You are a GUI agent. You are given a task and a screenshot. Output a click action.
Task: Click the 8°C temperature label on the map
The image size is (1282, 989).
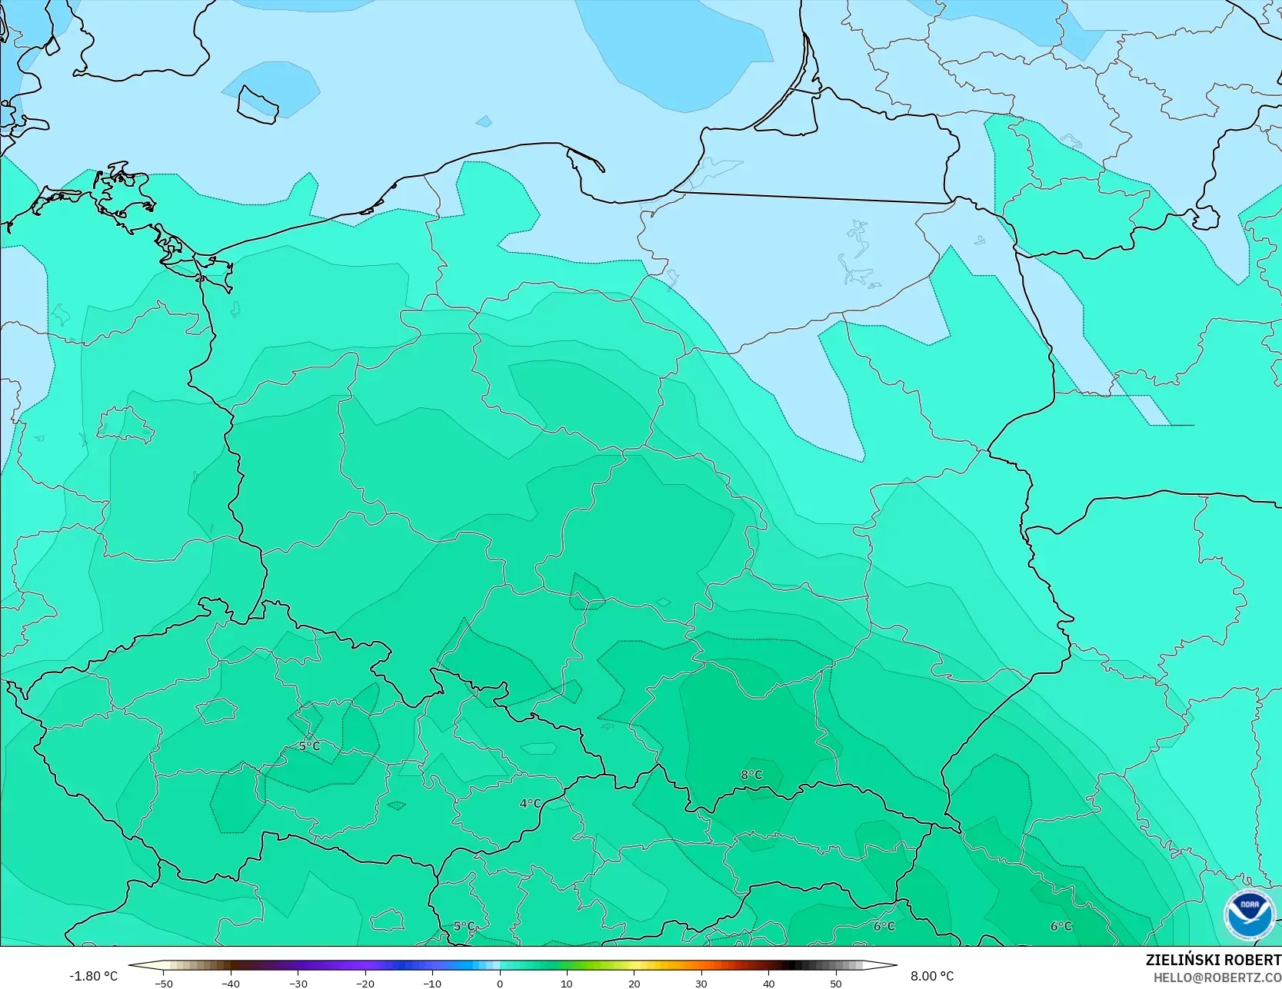click(751, 775)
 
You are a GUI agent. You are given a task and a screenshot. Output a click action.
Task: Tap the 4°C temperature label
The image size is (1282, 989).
click(530, 804)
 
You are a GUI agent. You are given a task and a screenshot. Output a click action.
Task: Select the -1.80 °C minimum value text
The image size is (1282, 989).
click(94, 976)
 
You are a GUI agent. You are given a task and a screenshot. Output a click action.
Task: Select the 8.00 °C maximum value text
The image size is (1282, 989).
click(932, 976)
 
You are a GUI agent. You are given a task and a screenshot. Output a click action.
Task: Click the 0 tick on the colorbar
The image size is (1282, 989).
click(500, 983)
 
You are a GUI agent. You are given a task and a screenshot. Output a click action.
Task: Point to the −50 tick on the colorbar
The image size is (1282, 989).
click(163, 983)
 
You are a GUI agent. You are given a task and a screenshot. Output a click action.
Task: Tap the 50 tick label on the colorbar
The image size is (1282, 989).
click(836, 983)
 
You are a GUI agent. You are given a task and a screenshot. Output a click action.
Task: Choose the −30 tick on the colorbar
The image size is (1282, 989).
click(298, 983)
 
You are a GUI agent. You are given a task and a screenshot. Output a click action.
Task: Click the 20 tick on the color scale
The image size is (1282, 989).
click(634, 983)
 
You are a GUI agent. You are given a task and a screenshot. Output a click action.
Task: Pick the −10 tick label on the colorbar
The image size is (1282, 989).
click(432, 983)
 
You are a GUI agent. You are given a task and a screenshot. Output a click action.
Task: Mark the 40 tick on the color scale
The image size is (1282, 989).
click(769, 983)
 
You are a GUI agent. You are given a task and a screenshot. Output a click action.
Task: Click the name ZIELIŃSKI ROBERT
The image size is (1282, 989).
click(1213, 961)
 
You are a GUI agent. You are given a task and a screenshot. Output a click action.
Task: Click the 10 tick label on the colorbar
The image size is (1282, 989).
click(567, 983)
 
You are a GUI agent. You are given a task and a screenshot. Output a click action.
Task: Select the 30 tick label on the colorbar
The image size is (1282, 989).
click(701, 983)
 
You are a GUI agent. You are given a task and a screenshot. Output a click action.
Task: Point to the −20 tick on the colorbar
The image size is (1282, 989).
click(365, 983)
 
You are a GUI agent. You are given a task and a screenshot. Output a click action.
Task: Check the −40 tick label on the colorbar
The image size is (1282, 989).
click(231, 983)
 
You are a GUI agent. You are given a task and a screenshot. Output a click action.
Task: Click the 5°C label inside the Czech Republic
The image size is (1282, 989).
click(309, 746)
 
